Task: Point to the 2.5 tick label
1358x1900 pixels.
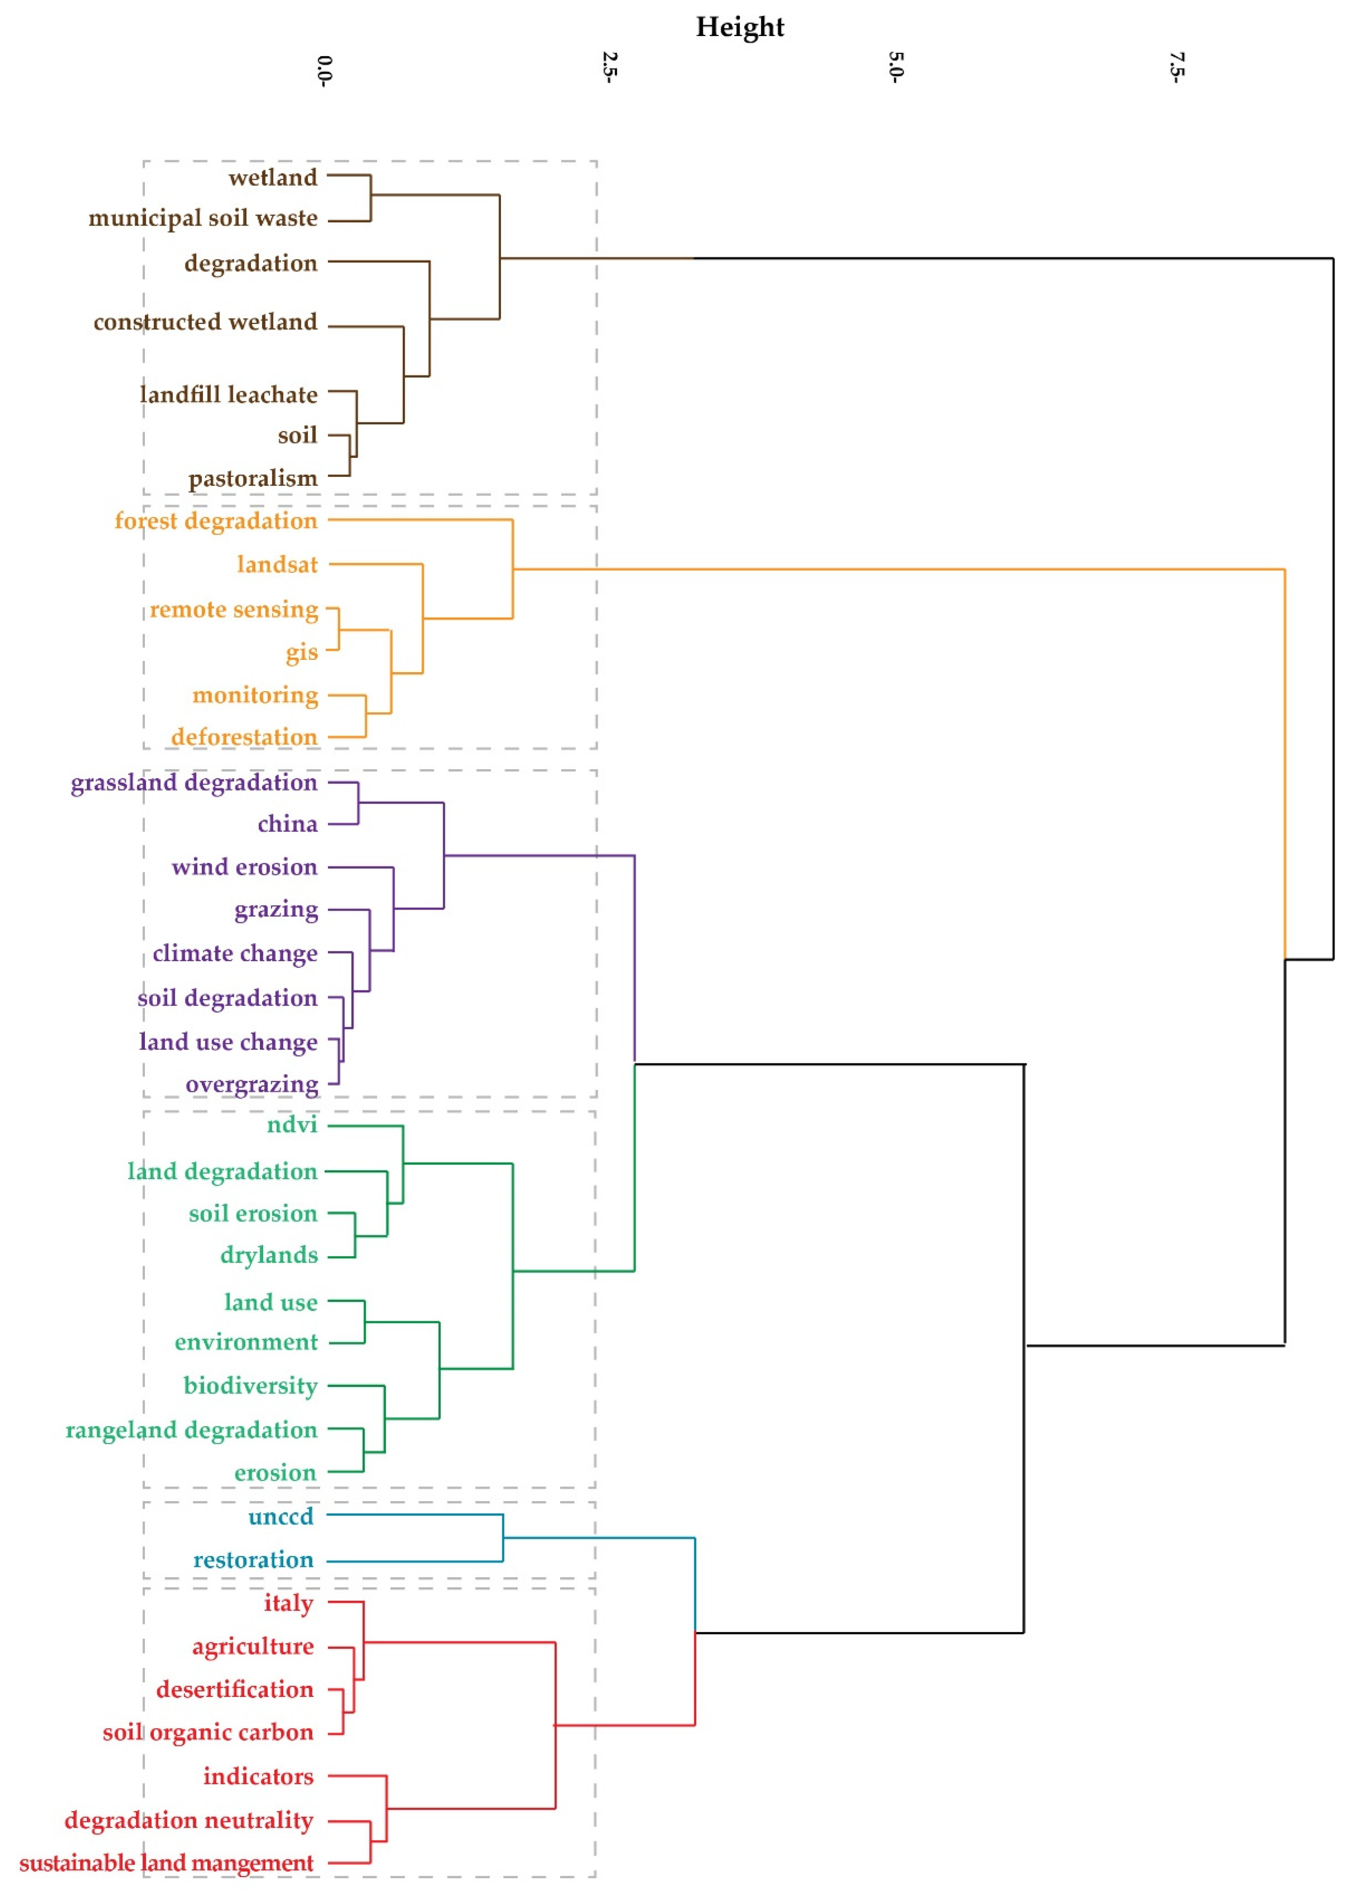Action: [609, 67]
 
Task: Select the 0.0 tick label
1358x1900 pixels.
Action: [325, 70]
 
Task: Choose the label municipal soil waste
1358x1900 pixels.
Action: [203, 218]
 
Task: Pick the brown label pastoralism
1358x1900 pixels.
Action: [253, 478]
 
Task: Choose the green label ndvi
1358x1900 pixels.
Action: [292, 1124]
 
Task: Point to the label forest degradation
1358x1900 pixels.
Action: [216, 521]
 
